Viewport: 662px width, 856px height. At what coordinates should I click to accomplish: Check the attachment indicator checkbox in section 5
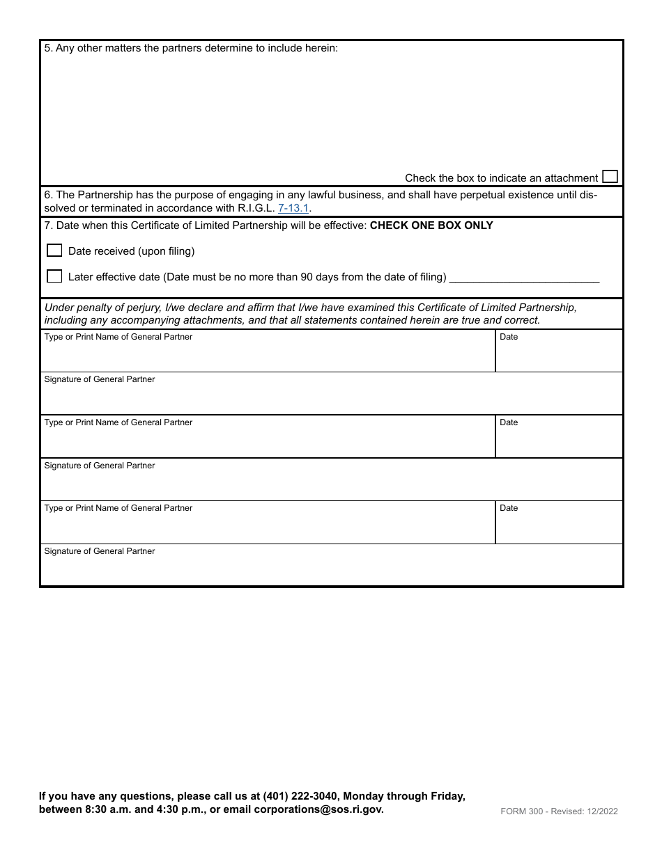[610, 177]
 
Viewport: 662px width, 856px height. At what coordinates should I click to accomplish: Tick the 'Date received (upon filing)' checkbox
[54, 251]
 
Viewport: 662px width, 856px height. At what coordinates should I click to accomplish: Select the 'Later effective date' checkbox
[54, 276]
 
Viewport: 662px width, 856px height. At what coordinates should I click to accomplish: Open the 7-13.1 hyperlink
[293, 208]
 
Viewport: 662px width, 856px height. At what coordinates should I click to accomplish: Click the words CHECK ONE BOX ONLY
[431, 225]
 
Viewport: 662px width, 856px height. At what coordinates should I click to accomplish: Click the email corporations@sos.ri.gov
[318, 809]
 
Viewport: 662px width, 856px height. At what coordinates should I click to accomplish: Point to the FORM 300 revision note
[559, 811]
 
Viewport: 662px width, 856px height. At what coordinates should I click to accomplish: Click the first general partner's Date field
[558, 356]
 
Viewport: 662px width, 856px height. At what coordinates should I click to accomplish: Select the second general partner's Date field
[558, 441]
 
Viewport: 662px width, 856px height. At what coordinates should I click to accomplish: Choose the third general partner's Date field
[558, 527]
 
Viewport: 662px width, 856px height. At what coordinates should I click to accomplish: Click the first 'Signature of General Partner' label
[100, 379]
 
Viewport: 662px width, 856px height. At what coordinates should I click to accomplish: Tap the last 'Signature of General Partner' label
[100, 551]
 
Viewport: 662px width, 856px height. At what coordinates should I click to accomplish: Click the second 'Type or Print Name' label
[118, 422]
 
